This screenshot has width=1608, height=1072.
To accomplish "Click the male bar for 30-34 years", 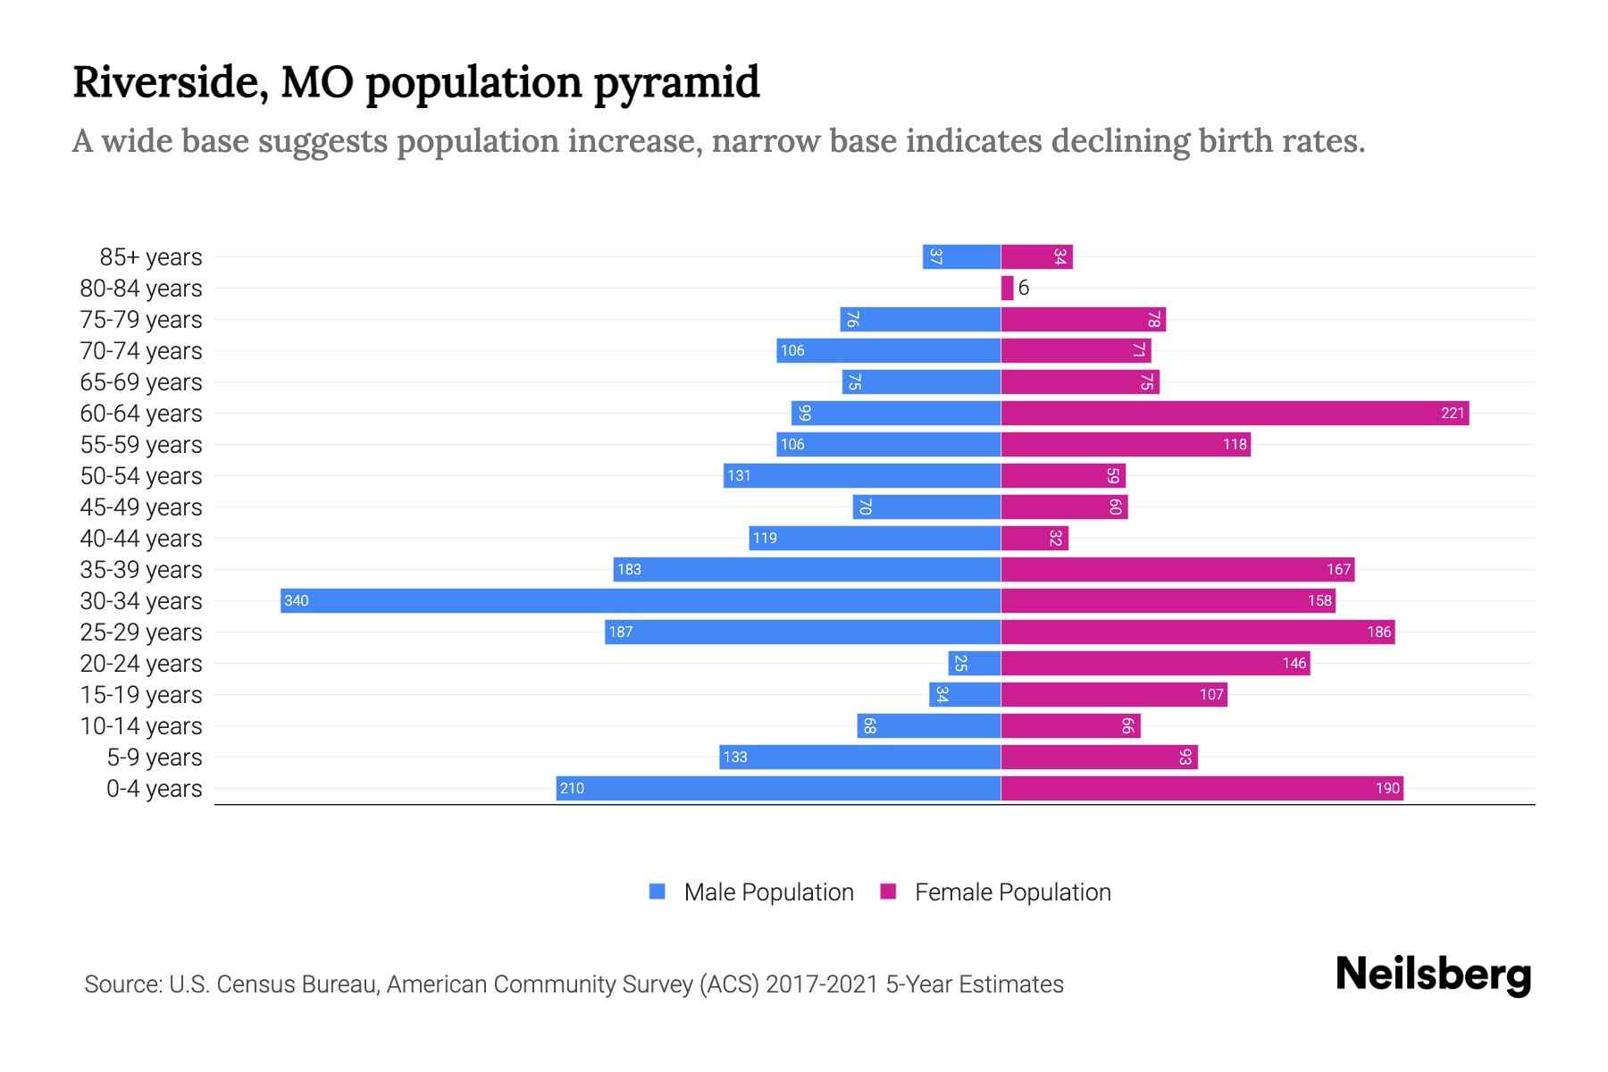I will click(x=640, y=600).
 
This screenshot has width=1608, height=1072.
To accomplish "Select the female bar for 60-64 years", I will click(x=1234, y=413).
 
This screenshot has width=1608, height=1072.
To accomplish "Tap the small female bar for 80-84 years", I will click(x=1007, y=288).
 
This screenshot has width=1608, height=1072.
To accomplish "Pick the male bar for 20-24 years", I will click(x=974, y=663).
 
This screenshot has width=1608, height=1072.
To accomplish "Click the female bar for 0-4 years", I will click(x=1202, y=788).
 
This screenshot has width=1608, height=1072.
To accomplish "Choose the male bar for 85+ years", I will click(x=961, y=256).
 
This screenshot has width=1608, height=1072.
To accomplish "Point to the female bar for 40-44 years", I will click(x=1034, y=538).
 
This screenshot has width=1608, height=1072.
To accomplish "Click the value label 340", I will click(x=296, y=600).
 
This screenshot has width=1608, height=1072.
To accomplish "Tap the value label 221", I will click(x=1453, y=413).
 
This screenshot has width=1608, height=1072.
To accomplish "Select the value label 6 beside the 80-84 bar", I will click(x=1024, y=288).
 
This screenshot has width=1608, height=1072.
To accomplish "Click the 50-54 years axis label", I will click(x=141, y=476).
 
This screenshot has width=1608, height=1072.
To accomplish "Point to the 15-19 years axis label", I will click(x=141, y=695).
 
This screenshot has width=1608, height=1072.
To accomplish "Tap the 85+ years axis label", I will click(x=151, y=257).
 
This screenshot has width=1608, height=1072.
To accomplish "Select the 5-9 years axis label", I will click(x=155, y=758).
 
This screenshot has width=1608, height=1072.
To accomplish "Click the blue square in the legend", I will click(x=657, y=892).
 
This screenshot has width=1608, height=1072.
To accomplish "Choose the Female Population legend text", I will click(x=1012, y=892).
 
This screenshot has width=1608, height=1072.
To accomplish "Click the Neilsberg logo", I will click(x=1433, y=975).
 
